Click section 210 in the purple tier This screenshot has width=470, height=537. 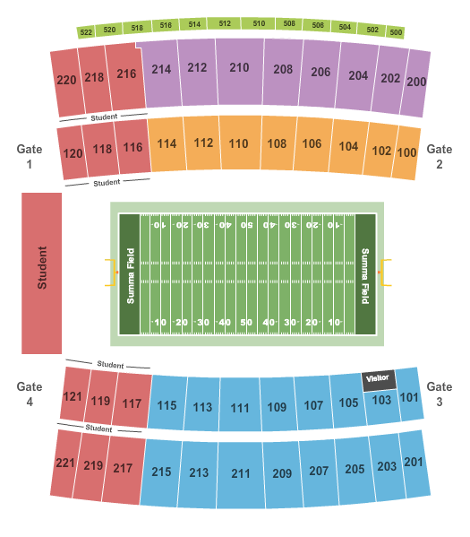[x=238, y=67]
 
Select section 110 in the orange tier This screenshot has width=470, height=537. [x=238, y=143]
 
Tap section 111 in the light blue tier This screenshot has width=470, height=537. [x=240, y=408]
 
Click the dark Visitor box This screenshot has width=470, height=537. [x=379, y=379]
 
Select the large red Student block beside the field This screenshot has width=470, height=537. [x=42, y=273]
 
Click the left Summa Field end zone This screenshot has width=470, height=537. [x=130, y=274]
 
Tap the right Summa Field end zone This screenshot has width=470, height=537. [x=365, y=274]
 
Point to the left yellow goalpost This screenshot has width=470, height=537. [x=113, y=272]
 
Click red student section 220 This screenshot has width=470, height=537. [x=66, y=80]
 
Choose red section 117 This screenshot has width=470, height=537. [x=132, y=403]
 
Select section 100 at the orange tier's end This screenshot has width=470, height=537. [x=406, y=152]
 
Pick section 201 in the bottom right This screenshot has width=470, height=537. [x=413, y=463]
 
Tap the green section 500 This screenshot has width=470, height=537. [x=396, y=33]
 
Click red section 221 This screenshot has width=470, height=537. [x=65, y=463]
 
